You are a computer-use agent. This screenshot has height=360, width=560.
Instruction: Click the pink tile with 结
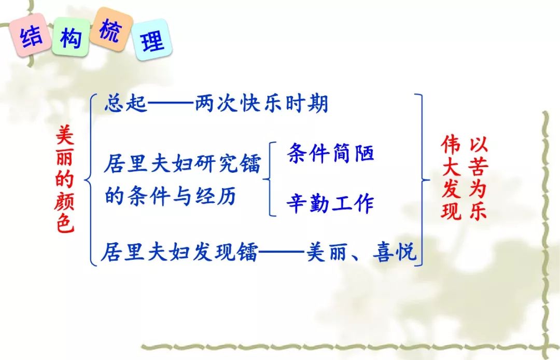click(x=30, y=35)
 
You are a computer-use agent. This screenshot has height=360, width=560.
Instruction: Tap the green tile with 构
click(x=71, y=37)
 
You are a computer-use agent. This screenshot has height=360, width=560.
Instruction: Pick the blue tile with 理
click(x=152, y=39)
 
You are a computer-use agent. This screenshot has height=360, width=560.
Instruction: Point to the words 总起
click(x=125, y=104)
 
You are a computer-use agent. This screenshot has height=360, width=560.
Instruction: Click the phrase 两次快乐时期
click(x=261, y=104)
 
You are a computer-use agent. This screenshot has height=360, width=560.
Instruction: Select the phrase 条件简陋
click(x=330, y=153)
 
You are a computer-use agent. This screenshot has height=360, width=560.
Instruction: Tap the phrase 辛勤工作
click(x=330, y=203)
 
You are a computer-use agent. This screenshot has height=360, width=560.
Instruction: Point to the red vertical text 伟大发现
click(x=451, y=177)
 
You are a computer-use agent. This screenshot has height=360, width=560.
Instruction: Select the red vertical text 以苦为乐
click(x=478, y=177)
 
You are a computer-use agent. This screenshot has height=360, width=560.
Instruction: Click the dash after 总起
click(x=171, y=104)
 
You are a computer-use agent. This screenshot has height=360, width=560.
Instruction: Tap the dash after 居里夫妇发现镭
click(x=282, y=252)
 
